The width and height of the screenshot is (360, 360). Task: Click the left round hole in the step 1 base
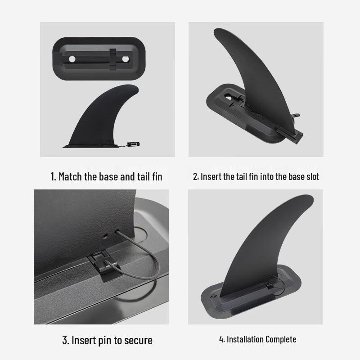[x=72, y=59]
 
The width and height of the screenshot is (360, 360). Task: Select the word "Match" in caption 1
[x=70, y=176]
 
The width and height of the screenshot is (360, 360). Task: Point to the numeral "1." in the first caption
[x=53, y=176]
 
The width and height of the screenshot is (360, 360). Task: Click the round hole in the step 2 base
[x=229, y=96]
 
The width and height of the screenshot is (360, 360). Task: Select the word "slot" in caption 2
[x=311, y=176]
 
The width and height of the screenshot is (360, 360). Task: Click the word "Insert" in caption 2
[x=211, y=176]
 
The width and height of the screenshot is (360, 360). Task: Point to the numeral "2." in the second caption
[x=196, y=176]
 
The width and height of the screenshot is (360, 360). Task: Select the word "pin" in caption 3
[x=105, y=340]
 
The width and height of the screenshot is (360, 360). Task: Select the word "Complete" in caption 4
[x=281, y=339]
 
